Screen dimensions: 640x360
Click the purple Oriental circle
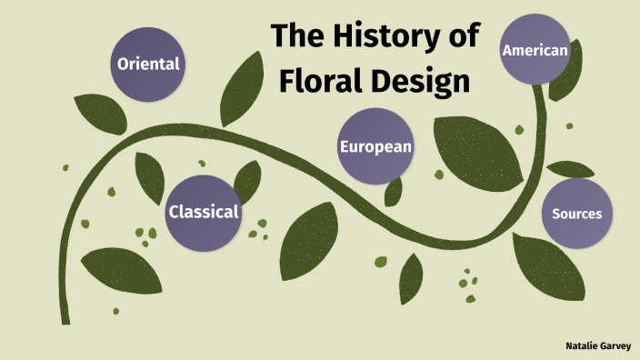point(147,65)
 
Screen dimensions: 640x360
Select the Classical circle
point(203,212)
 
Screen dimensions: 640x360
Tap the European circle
point(375,145)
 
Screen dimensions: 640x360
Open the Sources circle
point(577,215)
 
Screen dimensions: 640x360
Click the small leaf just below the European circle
point(394,191)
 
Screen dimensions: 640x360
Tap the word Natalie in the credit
point(580,346)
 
